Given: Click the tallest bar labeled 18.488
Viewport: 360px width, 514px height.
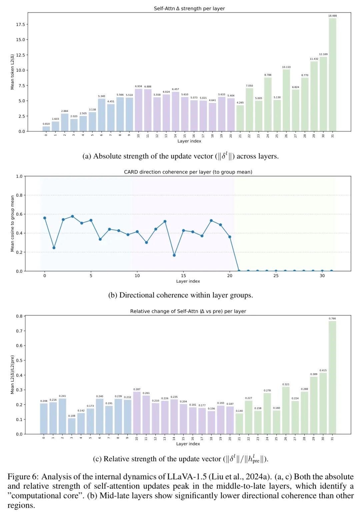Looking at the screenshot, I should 332,75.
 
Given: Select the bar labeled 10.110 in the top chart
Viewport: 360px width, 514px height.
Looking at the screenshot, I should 286,100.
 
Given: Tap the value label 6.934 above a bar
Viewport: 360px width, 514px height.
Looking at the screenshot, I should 138,87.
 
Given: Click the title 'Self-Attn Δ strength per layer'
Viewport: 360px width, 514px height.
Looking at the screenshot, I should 189,9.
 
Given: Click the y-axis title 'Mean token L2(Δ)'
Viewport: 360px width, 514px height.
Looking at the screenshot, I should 12,72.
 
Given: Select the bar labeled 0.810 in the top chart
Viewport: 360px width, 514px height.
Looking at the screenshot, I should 46,129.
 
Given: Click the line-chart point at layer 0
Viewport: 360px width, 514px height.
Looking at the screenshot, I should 45,218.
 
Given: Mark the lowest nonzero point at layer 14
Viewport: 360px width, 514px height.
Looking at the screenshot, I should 174,255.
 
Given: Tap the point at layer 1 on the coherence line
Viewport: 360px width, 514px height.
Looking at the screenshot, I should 54,248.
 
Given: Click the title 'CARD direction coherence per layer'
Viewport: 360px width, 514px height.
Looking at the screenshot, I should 188,172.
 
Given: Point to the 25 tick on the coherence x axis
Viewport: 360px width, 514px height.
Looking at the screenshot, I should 276,276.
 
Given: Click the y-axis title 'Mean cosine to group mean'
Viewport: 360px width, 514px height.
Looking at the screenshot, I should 12,224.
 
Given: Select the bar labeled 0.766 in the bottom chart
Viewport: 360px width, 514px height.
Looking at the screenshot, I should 332,377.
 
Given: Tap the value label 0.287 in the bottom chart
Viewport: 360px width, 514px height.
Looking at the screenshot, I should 137,389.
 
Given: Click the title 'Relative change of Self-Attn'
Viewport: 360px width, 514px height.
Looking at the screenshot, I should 188,311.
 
